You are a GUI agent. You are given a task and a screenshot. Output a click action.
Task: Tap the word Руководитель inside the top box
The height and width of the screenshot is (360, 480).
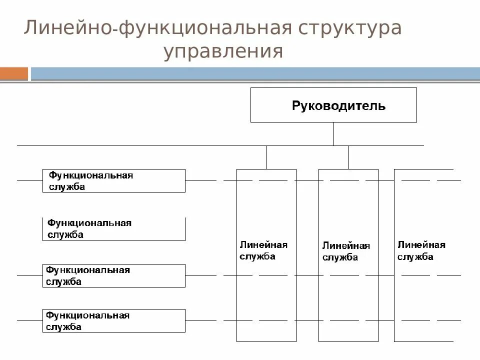tap(338, 105)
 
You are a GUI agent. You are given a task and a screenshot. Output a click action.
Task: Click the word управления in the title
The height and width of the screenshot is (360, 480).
tap(223, 51)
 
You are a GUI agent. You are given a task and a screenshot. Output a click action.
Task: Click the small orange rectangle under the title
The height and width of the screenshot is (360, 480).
tap(14, 73)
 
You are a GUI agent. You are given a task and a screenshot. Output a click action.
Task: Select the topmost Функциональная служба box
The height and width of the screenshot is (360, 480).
tap(114, 180)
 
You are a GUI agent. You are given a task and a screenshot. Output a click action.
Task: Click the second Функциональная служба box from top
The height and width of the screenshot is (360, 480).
tap(114, 229)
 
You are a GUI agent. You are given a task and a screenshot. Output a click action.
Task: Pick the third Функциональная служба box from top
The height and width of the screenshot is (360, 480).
tap(114, 275)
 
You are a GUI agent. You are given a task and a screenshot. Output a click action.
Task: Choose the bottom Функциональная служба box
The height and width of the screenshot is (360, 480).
tap(114, 321)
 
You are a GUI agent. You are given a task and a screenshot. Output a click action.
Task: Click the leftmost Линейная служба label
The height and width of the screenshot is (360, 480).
tap(263, 250)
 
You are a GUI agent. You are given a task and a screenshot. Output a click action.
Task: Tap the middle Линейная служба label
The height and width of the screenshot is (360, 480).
tap(346, 251)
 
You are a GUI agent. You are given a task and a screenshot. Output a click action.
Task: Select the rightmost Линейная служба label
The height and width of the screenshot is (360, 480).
tap(421, 250)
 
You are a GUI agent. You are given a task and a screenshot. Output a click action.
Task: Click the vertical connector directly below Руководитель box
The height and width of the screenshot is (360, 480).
tap(333, 133)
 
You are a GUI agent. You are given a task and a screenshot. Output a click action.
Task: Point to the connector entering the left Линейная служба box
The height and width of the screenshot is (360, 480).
tap(266, 157)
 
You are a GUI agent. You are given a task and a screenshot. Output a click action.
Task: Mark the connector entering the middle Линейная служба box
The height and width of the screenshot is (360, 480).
tap(348, 157)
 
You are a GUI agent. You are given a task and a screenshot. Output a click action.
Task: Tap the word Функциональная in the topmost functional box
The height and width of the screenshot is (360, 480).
tap(90, 175)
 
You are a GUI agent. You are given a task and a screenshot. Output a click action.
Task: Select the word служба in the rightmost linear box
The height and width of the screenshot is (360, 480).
tap(415, 257)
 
